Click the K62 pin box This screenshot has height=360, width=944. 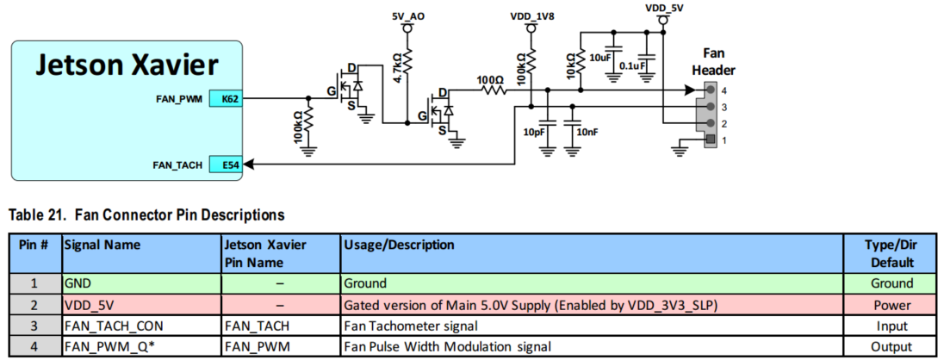pos(226,98)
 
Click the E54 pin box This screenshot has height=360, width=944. pos(226,164)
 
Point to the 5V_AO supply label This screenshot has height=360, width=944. pos(407,17)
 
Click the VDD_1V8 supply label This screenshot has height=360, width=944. pos(531,17)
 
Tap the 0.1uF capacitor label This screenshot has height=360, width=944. pos(632,65)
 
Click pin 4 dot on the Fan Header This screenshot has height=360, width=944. pos(711,90)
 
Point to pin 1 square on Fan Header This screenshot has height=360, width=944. pos(711,140)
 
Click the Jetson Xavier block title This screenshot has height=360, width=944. pos(127,65)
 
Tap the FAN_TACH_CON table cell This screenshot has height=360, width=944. pos(142,326)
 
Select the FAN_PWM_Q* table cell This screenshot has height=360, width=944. pos(142,346)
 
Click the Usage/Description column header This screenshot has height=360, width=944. pos(399,245)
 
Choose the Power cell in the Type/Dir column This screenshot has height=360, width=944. pos(893,305)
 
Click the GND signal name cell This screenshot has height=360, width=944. pos(142,283)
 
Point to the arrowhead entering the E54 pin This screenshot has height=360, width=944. pos(249,164)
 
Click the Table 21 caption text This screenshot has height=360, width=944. pos(145,214)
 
